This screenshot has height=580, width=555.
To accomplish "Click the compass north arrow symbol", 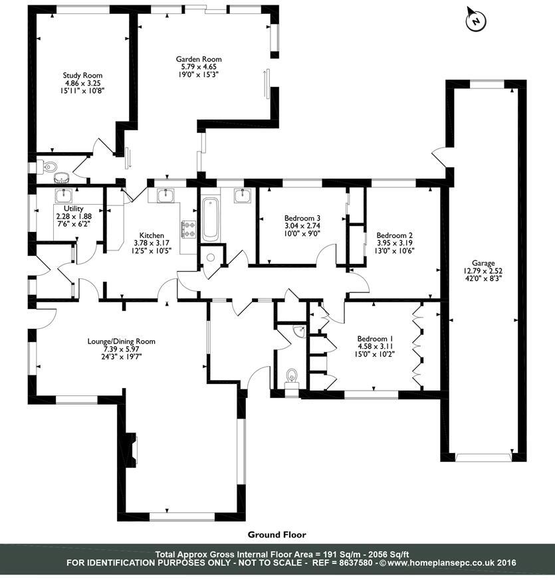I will click(476, 21).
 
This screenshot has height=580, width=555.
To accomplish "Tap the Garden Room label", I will click(199, 60).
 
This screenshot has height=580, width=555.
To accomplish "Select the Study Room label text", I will click(82, 76).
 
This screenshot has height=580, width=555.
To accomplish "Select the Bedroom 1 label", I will click(376, 337).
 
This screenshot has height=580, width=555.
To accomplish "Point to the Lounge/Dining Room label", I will click(122, 341).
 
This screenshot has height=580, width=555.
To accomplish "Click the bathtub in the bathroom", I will click(210, 219).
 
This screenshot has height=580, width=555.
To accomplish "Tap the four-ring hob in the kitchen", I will click(189, 229).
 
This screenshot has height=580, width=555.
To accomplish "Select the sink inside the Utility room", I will click(65, 196).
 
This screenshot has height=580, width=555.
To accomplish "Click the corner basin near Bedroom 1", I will click(301, 330).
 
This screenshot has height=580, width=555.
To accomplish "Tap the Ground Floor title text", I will click(277, 534).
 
